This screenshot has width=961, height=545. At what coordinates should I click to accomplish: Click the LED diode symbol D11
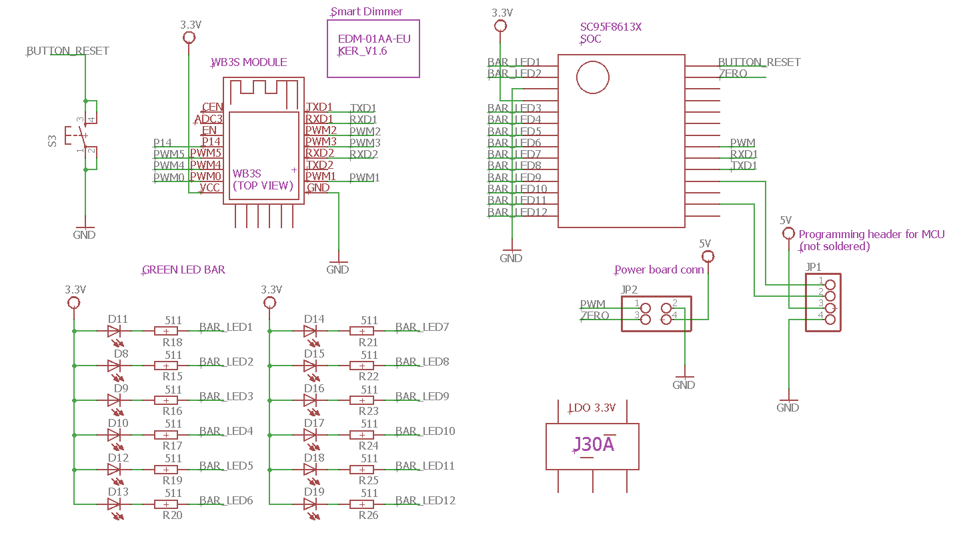click(115, 331)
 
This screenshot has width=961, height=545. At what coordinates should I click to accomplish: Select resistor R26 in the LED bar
click(362, 504)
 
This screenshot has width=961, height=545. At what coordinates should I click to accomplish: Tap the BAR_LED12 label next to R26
click(425, 500)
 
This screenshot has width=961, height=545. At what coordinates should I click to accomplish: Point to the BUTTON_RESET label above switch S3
click(67, 51)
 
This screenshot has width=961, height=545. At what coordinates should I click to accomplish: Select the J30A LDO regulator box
click(593, 445)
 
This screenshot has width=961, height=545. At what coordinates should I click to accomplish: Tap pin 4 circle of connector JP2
click(666, 320)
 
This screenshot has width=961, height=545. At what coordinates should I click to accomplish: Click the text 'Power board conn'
click(659, 270)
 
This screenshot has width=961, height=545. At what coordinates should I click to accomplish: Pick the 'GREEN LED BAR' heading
click(183, 270)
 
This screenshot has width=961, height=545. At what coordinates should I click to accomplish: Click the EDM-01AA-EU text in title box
click(374, 39)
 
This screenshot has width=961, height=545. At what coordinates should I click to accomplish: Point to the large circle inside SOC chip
click(593, 77)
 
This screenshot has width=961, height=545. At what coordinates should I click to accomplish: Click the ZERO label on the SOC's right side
click(733, 73)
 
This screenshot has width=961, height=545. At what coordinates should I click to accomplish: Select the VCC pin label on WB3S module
click(210, 188)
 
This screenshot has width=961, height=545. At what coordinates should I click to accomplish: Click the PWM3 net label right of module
click(365, 143)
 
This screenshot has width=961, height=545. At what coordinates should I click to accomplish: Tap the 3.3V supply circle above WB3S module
click(190, 37)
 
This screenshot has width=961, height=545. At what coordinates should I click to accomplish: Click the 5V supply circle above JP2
click(708, 256)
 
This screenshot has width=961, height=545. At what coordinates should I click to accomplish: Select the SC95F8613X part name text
click(610, 27)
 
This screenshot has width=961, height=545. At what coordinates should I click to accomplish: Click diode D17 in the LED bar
click(311, 435)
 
